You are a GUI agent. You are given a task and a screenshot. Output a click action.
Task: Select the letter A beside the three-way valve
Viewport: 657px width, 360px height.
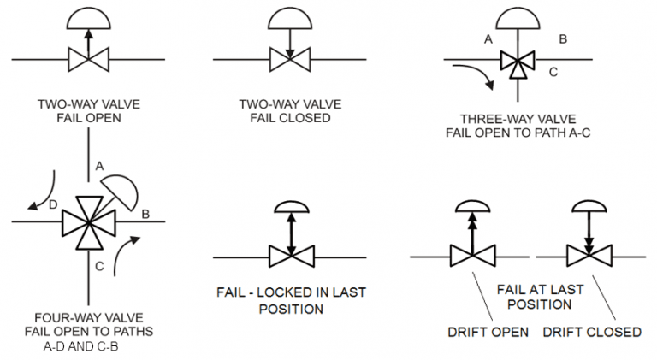pos(488,39)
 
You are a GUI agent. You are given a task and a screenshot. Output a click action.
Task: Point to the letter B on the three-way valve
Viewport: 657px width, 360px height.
pos(564,39)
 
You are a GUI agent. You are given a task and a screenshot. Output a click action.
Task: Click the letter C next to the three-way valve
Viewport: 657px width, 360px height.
pos(553,73)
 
